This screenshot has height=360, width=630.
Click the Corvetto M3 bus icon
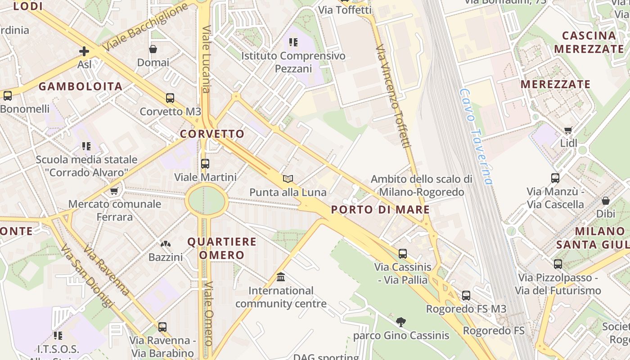coord(170,98)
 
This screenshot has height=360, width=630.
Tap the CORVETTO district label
coord(212,134)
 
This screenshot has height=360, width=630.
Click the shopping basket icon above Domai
coord(153,49)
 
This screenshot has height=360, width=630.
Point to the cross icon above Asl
coord(84,51)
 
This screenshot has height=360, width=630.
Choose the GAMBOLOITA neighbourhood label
coord(81,86)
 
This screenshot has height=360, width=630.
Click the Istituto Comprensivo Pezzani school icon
coord(293,43)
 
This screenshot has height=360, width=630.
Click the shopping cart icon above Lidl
coord(568,130)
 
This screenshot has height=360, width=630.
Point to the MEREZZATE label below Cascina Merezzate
coord(555,84)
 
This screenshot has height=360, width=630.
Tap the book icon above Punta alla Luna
coord(288,179)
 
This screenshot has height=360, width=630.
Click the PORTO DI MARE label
coord(380,209)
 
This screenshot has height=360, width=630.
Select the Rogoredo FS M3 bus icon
coord(466,296)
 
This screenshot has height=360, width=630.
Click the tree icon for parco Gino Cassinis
coord(401,322)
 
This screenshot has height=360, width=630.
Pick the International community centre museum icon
coord(281,277)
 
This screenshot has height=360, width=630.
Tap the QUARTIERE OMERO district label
coord(221,248)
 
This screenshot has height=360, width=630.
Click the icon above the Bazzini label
coord(166,244)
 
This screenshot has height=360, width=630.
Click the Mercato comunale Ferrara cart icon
coord(114,191)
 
